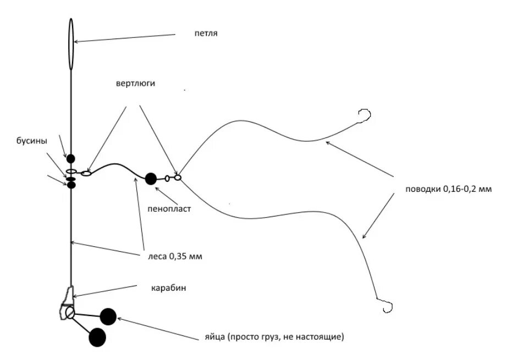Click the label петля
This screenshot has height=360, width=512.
pyautogui.click(x=206, y=34)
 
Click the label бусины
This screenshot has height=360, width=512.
pyautogui.click(x=31, y=141)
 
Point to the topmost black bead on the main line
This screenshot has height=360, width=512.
pyautogui.click(x=71, y=159)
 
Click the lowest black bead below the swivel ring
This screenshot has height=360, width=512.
pyautogui.click(x=71, y=185)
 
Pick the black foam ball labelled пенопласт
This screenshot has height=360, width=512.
pyautogui.click(x=151, y=178)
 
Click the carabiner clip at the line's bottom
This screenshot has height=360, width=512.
pyautogui.click(x=67, y=304)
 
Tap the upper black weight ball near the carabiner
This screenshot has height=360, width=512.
pyautogui.click(x=108, y=316)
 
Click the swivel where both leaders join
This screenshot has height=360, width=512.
pyautogui.click(x=177, y=177)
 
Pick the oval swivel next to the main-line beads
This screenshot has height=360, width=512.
pyautogui.click(x=86, y=174)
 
